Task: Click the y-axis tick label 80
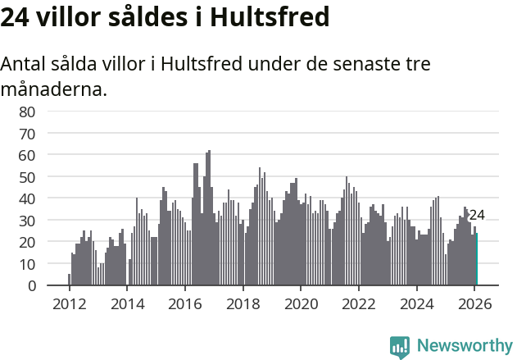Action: click(x=27, y=112)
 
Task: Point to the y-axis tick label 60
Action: click(x=27, y=155)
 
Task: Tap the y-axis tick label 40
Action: click(x=27, y=198)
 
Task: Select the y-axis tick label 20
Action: click(x=27, y=242)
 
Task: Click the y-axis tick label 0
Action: click(x=30, y=286)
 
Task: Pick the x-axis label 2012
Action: click(x=69, y=303)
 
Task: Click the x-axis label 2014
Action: click(x=127, y=303)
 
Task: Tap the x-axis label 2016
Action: click(x=185, y=303)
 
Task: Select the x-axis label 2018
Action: click(x=243, y=303)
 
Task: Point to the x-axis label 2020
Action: click(x=301, y=303)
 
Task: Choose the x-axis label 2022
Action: click(x=359, y=303)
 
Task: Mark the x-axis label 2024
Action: click(x=417, y=303)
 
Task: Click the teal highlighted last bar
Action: click(x=477, y=260)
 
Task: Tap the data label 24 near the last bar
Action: click(x=477, y=216)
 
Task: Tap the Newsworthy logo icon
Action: click(x=400, y=346)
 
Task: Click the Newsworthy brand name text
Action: click(x=465, y=346)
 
